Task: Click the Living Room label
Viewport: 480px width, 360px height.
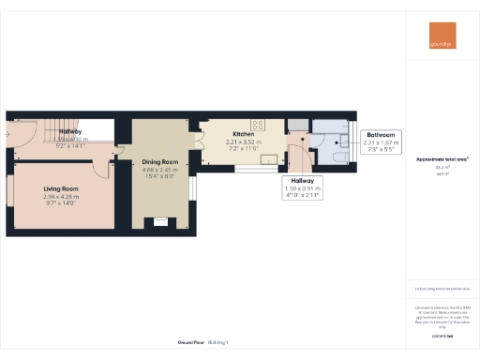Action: click(x=61, y=188)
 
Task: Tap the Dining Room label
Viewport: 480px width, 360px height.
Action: click(x=159, y=162)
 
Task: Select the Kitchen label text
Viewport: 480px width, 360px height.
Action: click(x=243, y=134)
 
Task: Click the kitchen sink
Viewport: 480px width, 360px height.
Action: click(x=268, y=159)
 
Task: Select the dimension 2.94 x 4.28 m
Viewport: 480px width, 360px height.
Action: click(x=61, y=198)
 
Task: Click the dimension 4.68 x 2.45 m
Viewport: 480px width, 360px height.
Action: click(x=159, y=171)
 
